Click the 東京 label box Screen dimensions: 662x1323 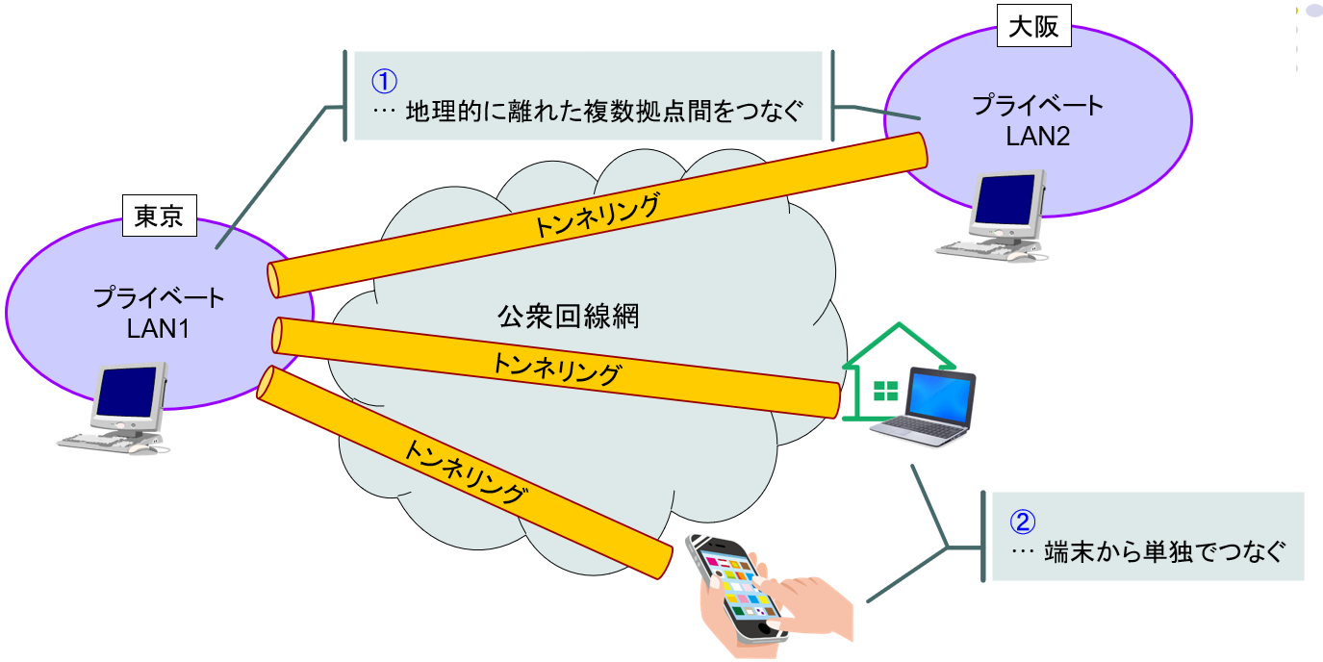[x=159, y=216]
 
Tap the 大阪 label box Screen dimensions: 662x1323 [x=1032, y=27]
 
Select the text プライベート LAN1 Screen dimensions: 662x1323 [x=159, y=313]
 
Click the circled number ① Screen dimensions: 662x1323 [x=385, y=80]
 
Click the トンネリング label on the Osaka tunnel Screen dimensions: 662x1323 [x=597, y=216]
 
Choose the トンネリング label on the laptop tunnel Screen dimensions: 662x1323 [x=556, y=369]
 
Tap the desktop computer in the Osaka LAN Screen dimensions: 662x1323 [x=1002, y=216]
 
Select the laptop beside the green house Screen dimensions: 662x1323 [x=924, y=409]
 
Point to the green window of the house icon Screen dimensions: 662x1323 [x=884, y=391]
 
